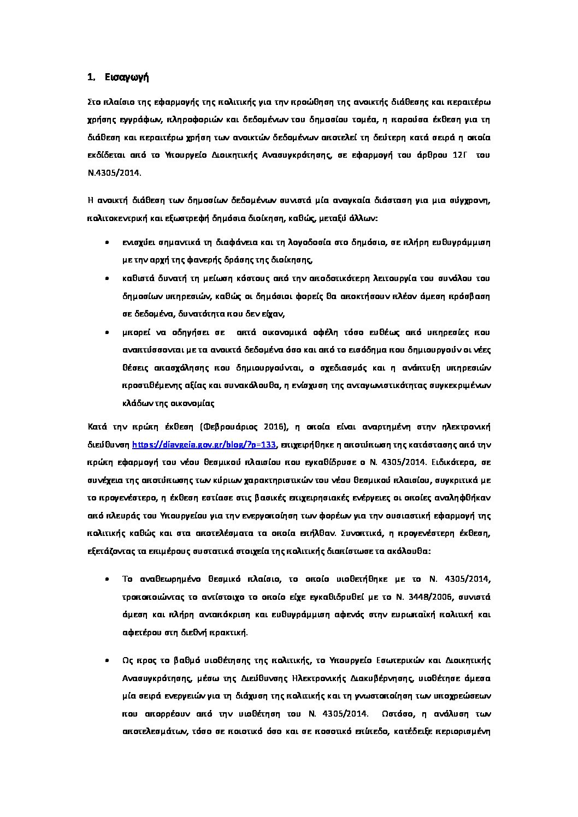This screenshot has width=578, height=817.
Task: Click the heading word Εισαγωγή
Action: [x=127, y=77]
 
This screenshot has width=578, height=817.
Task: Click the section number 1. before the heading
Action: [x=92, y=77]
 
